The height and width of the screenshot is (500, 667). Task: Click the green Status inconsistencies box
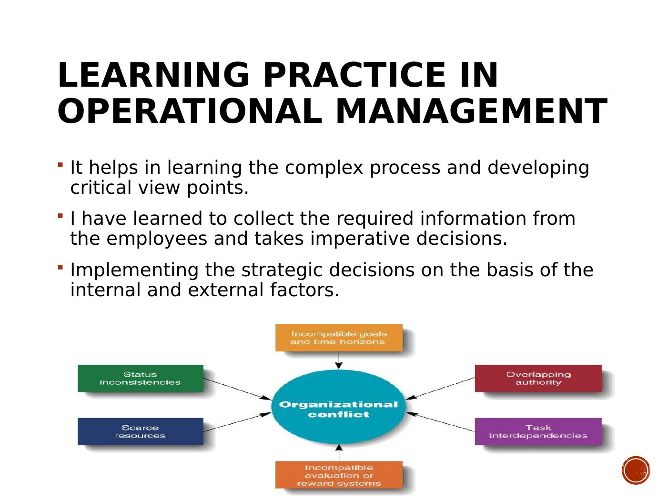click(x=140, y=379)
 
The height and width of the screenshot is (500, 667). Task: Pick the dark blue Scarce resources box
click(x=140, y=432)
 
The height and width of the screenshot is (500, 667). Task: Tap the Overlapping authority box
click(x=538, y=379)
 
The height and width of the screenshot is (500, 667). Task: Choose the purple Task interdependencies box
click(x=538, y=432)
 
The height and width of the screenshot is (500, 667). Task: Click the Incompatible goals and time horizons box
click(x=339, y=338)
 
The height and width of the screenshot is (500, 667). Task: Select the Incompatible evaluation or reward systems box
click(x=339, y=475)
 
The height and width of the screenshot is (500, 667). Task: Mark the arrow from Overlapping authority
click(x=441, y=388)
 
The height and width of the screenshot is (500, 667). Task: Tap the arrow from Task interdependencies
click(x=441, y=422)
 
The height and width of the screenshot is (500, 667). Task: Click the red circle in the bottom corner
click(x=636, y=470)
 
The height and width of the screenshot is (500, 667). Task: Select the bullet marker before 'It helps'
click(x=60, y=165)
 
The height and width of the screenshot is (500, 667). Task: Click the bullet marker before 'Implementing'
click(x=60, y=267)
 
